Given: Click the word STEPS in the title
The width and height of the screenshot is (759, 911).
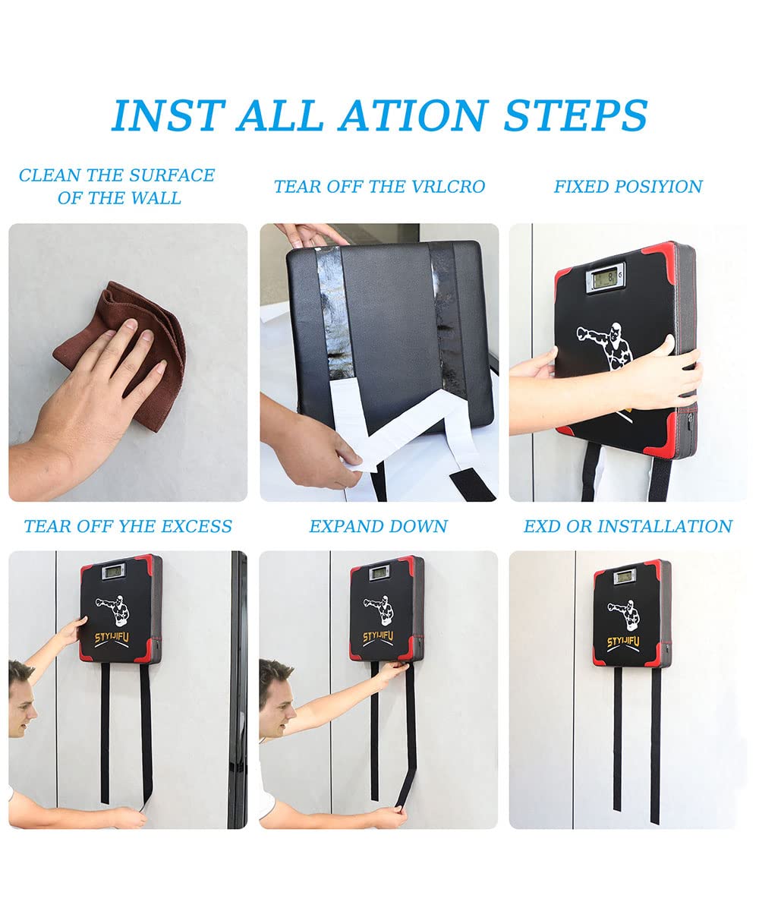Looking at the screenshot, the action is [575, 115].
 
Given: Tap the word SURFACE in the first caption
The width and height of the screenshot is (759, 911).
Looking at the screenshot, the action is [172, 175].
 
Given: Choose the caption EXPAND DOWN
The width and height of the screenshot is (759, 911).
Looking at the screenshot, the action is [378, 526].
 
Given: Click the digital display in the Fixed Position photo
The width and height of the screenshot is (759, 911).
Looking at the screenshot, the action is [606, 276].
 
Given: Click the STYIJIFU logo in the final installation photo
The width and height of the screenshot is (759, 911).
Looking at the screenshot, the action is [623, 641].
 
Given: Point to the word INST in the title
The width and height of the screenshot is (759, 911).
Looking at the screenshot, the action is [168, 115].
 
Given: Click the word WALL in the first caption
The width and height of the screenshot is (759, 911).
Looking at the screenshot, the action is [156, 198].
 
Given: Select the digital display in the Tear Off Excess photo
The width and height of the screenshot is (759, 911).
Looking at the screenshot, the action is [113, 572].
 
